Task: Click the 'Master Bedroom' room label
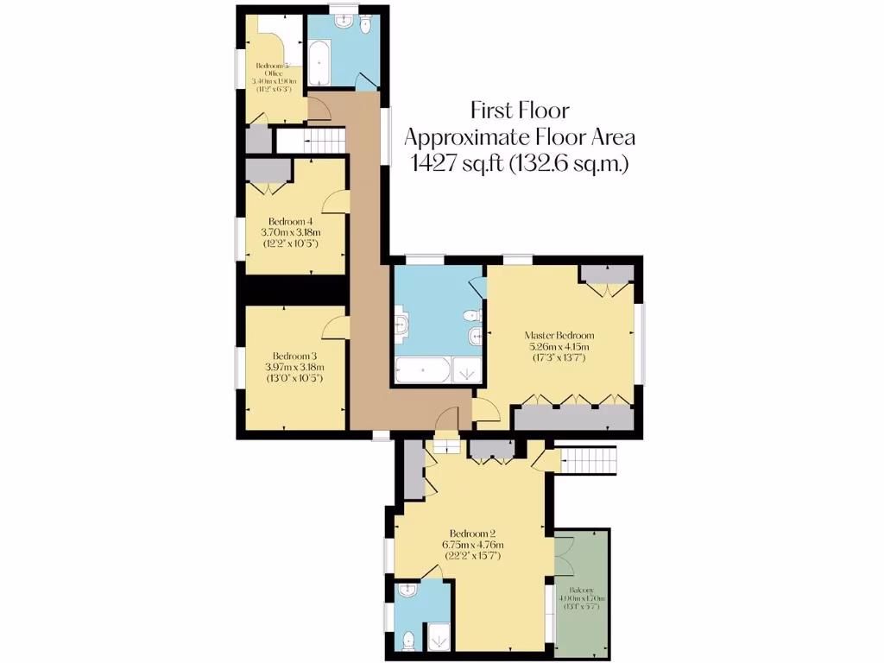(560, 335)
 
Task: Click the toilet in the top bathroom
(366, 26)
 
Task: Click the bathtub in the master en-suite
(423, 371)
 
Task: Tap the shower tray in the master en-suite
(468, 371)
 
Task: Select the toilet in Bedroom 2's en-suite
(408, 641)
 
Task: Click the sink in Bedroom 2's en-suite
(409, 590)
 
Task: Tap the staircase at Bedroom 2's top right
(586, 460)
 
